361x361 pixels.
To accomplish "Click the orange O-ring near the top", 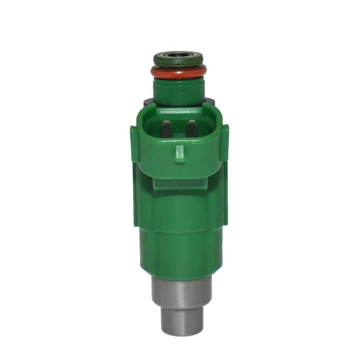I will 179,73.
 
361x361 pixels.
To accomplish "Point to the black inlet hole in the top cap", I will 178,56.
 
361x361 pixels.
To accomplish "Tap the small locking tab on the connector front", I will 179,153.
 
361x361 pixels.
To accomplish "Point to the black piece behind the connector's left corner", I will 148,101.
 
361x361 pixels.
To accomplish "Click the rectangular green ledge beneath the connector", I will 179,184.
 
